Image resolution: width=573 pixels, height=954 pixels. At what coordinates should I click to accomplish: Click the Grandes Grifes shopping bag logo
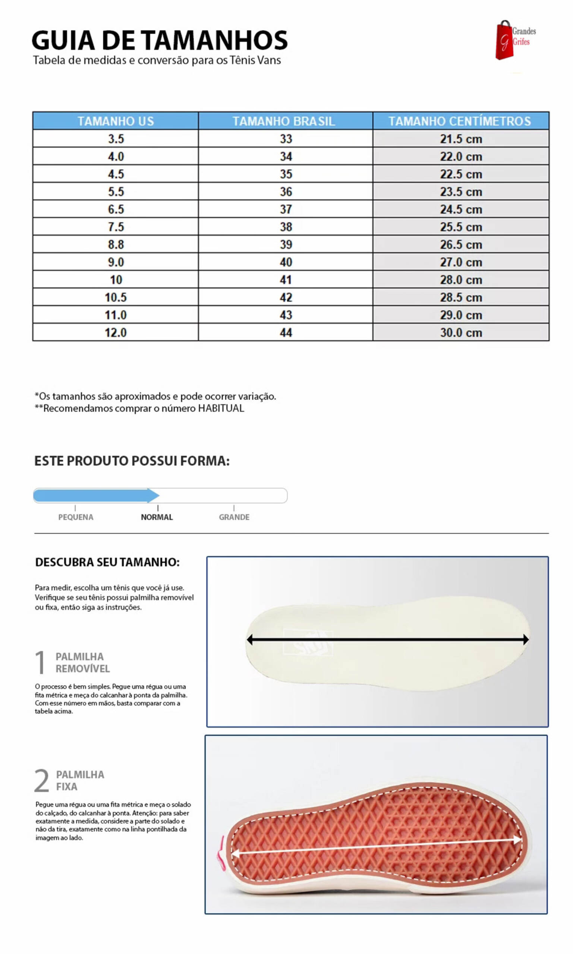coord(504,41)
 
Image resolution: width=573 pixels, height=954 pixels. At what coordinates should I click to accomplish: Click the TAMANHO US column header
coord(116,121)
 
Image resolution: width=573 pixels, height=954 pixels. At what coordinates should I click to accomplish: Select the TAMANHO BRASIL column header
coord(283,121)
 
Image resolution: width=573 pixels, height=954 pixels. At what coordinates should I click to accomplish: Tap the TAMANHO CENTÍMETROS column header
coord(459,121)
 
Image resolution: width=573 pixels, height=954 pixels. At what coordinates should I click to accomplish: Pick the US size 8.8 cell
coord(116,245)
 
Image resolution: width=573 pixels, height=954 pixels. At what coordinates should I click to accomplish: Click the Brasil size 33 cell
coord(286,139)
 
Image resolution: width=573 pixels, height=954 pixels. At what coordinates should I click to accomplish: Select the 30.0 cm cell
coord(461,333)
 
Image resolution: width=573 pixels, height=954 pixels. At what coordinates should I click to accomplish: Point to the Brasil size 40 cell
coord(286,262)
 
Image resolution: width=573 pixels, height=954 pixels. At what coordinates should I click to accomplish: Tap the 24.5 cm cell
coord(461,209)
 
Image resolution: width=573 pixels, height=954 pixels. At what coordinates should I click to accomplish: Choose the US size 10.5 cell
coord(116,297)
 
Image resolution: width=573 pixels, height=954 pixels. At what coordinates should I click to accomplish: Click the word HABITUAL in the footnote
coord(221,408)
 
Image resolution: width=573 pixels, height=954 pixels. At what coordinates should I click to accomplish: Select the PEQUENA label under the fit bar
coord(76,517)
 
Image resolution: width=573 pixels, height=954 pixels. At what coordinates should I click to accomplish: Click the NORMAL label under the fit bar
coord(157,517)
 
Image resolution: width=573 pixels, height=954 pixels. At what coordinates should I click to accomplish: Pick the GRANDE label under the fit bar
coord(234,517)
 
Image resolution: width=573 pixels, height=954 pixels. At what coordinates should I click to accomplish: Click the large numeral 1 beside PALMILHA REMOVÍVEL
coord(40,662)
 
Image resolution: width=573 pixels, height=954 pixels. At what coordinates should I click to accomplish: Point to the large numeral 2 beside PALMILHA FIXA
coord(42,780)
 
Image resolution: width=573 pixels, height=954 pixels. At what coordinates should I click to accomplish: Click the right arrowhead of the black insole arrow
coord(526,639)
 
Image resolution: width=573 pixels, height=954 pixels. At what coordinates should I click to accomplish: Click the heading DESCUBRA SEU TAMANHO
coord(107,562)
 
